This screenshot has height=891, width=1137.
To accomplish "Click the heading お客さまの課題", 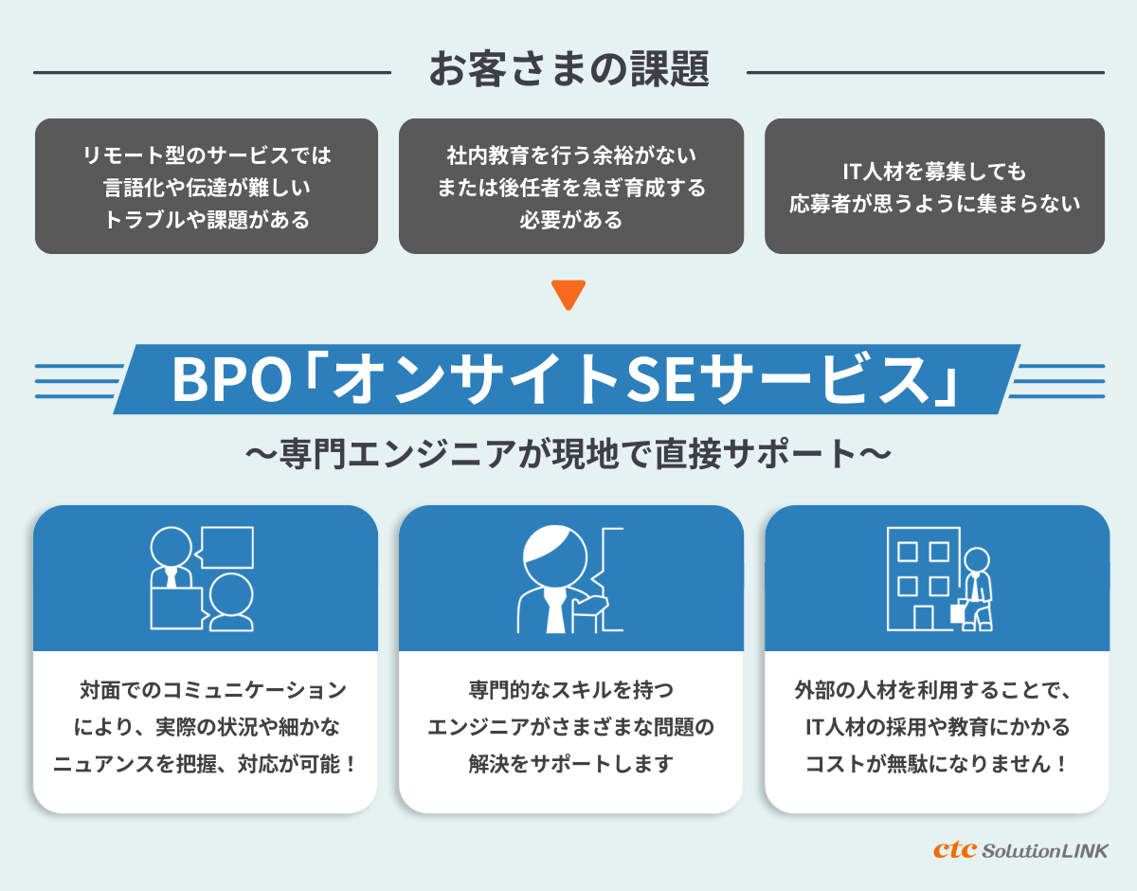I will (x=568, y=70).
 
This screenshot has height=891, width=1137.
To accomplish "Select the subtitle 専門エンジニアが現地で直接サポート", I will (x=568, y=452).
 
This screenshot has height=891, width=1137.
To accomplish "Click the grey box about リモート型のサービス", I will (x=207, y=186).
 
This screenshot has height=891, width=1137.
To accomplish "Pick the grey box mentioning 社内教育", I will (x=570, y=186).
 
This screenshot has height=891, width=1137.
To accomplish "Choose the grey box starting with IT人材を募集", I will (x=934, y=186).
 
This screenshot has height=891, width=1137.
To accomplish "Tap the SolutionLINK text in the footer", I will (x=1045, y=850).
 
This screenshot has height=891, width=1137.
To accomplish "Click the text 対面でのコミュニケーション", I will (x=213, y=689).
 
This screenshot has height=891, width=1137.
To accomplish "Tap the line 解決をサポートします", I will (x=570, y=764).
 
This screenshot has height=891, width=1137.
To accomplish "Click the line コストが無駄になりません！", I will (x=936, y=764).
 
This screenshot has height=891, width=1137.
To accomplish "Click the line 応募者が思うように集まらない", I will (x=934, y=204).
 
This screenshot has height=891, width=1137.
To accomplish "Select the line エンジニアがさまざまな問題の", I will (x=570, y=727).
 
